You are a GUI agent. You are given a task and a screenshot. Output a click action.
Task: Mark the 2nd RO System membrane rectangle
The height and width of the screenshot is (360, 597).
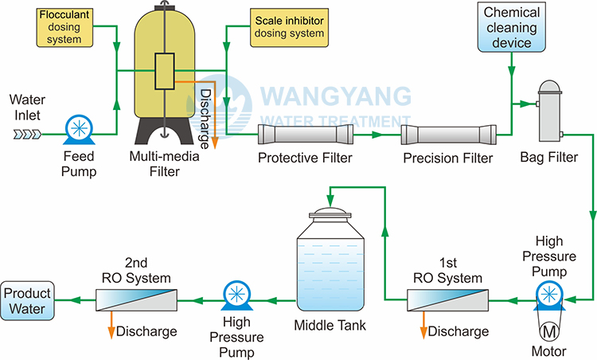pyautogui.click(x=136, y=301)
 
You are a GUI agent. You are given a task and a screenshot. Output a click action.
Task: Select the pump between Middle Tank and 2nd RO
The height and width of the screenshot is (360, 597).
pyautogui.click(x=237, y=295)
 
